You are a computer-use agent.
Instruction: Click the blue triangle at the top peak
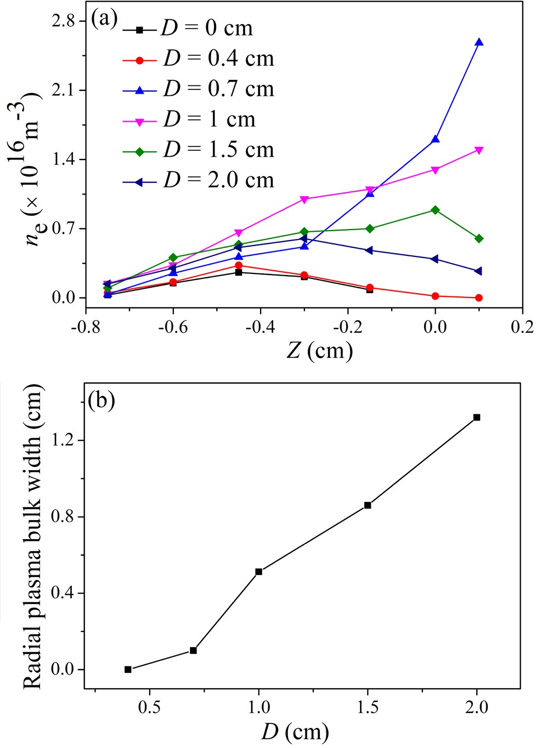(479, 42)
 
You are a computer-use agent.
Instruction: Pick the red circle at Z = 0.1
(479, 298)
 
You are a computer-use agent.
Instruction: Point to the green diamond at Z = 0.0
(435, 210)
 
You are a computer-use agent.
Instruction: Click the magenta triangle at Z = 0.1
(479, 150)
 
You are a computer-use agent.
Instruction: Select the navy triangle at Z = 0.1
(478, 271)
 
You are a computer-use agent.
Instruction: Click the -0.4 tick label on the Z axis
(260, 327)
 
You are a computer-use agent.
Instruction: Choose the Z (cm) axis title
(319, 350)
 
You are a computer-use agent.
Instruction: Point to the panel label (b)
(101, 401)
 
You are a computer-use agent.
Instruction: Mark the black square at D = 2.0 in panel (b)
(477, 418)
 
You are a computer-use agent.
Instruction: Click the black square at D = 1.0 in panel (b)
(259, 572)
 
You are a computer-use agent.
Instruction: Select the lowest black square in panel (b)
(128, 669)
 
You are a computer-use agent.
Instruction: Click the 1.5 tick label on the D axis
(368, 707)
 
